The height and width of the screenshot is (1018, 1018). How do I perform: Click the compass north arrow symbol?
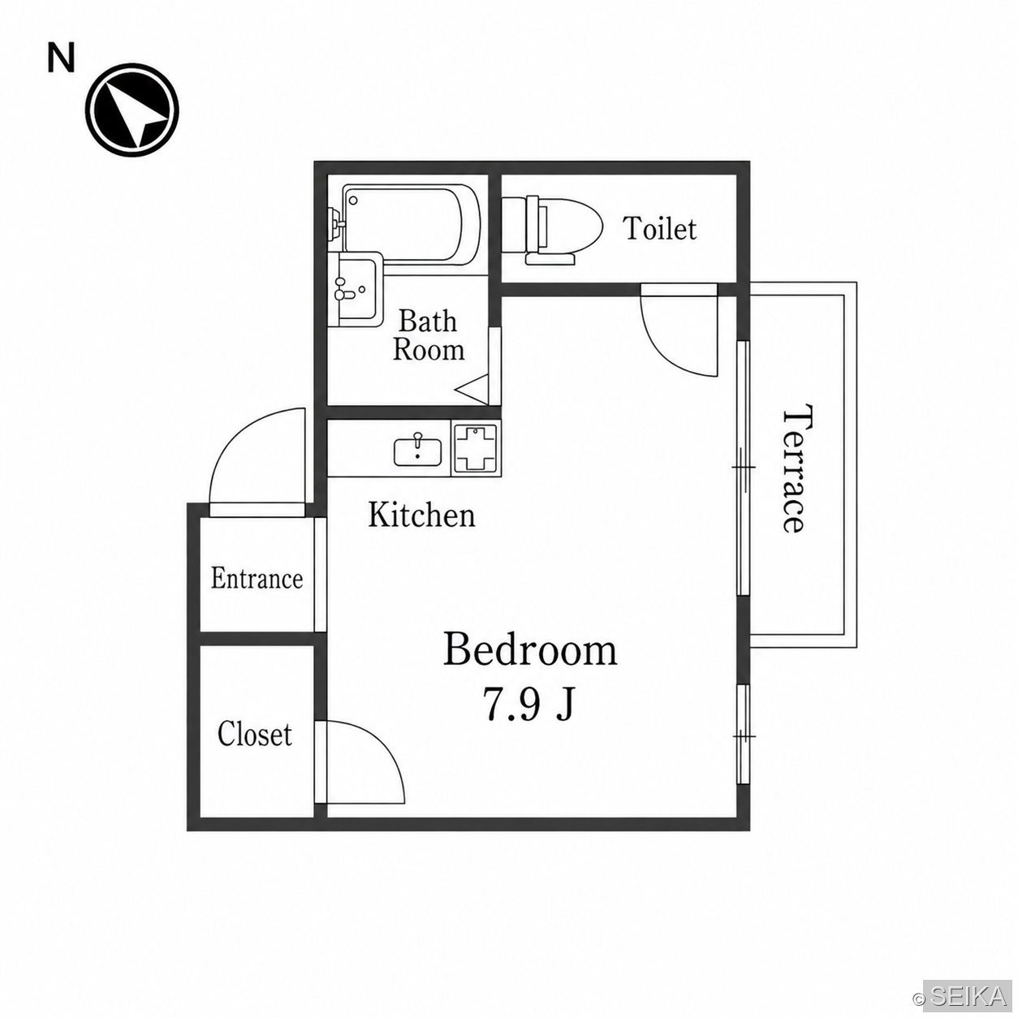pyautogui.click(x=132, y=110)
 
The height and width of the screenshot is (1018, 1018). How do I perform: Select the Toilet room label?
pyautogui.click(x=660, y=229)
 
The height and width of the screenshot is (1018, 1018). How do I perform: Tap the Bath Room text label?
pyautogui.click(x=429, y=335)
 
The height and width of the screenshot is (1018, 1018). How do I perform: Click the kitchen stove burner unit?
pyautogui.click(x=475, y=448)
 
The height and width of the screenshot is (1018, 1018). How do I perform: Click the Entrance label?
pyautogui.click(x=257, y=579)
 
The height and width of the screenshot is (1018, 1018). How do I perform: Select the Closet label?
pyautogui.click(x=255, y=734)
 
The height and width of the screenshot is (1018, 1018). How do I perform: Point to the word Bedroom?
pyautogui.click(x=530, y=649)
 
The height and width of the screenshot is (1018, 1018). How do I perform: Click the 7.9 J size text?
pyautogui.click(x=528, y=705)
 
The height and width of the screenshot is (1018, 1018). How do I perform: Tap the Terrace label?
pyautogui.click(x=793, y=468)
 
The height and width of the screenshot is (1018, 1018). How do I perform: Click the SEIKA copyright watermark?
pyautogui.click(x=969, y=995)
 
